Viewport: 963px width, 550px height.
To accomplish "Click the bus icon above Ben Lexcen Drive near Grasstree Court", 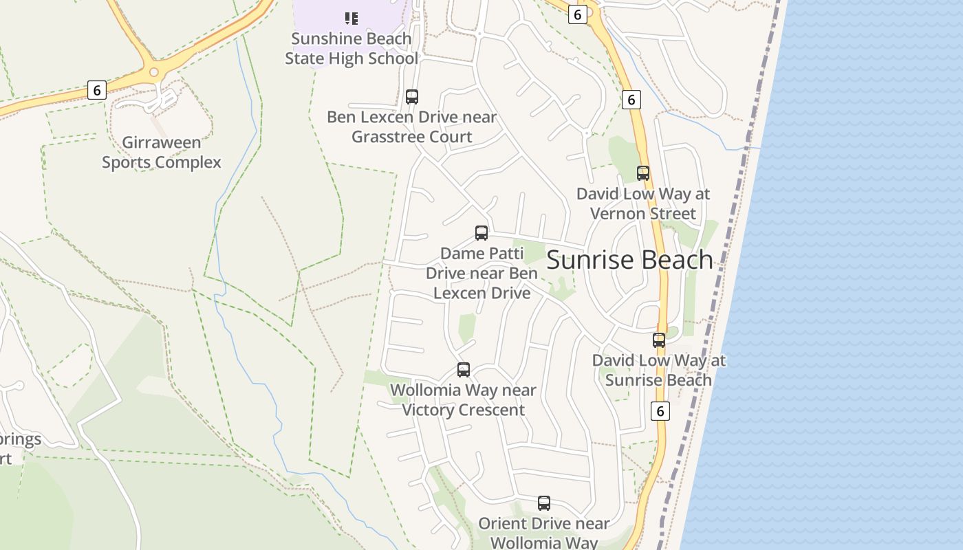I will pyautogui.click(x=412, y=97).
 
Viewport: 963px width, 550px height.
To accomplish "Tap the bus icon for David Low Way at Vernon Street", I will pyautogui.click(x=643, y=173).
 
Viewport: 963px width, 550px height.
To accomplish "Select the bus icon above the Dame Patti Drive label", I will pyautogui.click(x=481, y=233).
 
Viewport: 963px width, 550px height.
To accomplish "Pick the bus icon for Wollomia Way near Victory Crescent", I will pyautogui.click(x=464, y=370).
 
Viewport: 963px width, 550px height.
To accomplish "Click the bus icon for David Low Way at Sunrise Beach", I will pyautogui.click(x=659, y=340).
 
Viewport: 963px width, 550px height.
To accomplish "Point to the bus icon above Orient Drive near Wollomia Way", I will pyautogui.click(x=544, y=503).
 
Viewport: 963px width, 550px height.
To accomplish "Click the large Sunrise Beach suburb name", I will pyautogui.click(x=629, y=260).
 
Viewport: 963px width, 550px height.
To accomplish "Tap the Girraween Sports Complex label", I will pyautogui.click(x=162, y=153).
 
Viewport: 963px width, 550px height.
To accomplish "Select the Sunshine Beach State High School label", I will pyautogui.click(x=351, y=49).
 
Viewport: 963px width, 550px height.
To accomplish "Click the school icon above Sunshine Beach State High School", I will pyautogui.click(x=351, y=18).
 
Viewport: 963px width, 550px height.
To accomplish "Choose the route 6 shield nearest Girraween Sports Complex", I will pyautogui.click(x=97, y=89).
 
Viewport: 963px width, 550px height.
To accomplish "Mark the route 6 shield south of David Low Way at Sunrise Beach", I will pyautogui.click(x=660, y=411).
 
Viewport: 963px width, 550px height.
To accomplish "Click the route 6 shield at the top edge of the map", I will pyautogui.click(x=578, y=14).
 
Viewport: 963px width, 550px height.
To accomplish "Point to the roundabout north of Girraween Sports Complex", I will pyautogui.click(x=154, y=72).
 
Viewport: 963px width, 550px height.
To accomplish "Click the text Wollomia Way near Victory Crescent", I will pyautogui.click(x=463, y=400).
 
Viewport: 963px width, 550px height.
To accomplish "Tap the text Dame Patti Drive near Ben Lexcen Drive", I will pyautogui.click(x=481, y=273).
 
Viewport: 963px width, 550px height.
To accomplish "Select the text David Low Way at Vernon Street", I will pyautogui.click(x=643, y=203).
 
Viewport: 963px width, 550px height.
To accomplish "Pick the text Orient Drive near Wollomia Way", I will pyautogui.click(x=544, y=533).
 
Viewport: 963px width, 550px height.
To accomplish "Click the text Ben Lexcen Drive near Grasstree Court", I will pyautogui.click(x=411, y=126).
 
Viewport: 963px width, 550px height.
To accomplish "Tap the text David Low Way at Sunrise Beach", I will pyautogui.click(x=659, y=370).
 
